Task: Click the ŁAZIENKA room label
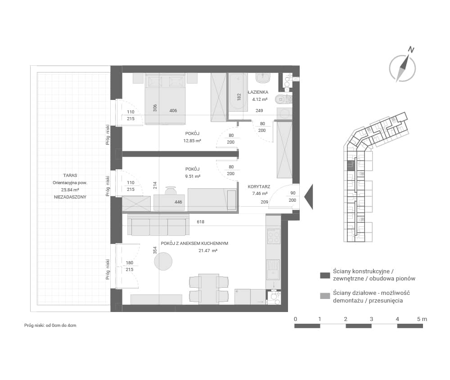click(258, 92)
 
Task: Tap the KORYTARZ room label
click(259, 187)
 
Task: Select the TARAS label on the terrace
click(70, 175)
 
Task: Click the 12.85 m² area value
click(192, 141)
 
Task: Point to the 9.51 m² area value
click(193, 176)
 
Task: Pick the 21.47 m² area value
click(208, 250)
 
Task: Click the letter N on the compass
click(411, 50)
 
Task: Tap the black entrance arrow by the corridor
click(309, 197)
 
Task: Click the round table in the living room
click(163, 261)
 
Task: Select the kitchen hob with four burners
click(273, 236)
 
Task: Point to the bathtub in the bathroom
click(238, 92)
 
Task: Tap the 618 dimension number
click(201, 222)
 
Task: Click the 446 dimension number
click(178, 202)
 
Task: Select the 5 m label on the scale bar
click(422, 319)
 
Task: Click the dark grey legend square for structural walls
click(325, 276)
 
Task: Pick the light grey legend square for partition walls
click(325, 296)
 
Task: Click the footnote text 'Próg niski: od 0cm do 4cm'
click(50, 326)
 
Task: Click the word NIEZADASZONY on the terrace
click(70, 197)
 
